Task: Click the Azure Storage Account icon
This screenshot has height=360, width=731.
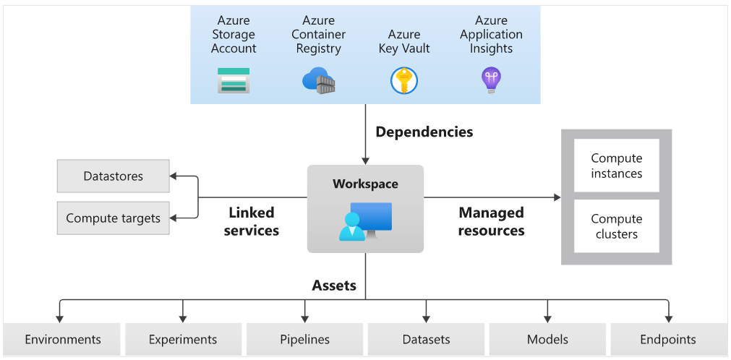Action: pyautogui.click(x=234, y=80)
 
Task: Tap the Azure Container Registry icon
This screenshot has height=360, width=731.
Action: pyautogui.click(x=318, y=80)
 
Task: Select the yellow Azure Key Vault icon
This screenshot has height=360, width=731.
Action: pyautogui.click(x=404, y=80)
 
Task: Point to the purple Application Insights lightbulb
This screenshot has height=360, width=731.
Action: pyautogui.click(x=491, y=80)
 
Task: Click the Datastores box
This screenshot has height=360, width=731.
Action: pyautogui.click(x=114, y=176)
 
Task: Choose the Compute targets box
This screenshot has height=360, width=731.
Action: pyautogui.click(x=114, y=218)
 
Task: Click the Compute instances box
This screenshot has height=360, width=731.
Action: pyautogui.click(x=616, y=166)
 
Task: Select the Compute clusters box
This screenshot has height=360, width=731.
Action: pyautogui.click(x=616, y=226)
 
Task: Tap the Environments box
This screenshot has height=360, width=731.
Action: pyautogui.click(x=63, y=339)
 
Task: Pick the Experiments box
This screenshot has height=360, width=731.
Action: pyautogui.click(x=183, y=339)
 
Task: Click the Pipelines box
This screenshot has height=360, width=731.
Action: pyautogui.click(x=304, y=339)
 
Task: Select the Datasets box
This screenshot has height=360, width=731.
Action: pyautogui.click(x=426, y=339)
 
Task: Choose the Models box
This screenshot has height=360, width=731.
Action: pyautogui.click(x=547, y=339)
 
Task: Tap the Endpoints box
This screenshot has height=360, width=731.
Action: pyautogui.click(x=668, y=339)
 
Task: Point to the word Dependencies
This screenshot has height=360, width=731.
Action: pyautogui.click(x=424, y=132)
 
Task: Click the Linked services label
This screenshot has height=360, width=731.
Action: pyautogui.click(x=252, y=222)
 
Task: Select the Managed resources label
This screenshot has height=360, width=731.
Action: pyautogui.click(x=492, y=222)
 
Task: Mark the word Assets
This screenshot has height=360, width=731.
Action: pyautogui.click(x=334, y=286)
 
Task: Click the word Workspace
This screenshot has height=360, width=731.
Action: pyautogui.click(x=365, y=184)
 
